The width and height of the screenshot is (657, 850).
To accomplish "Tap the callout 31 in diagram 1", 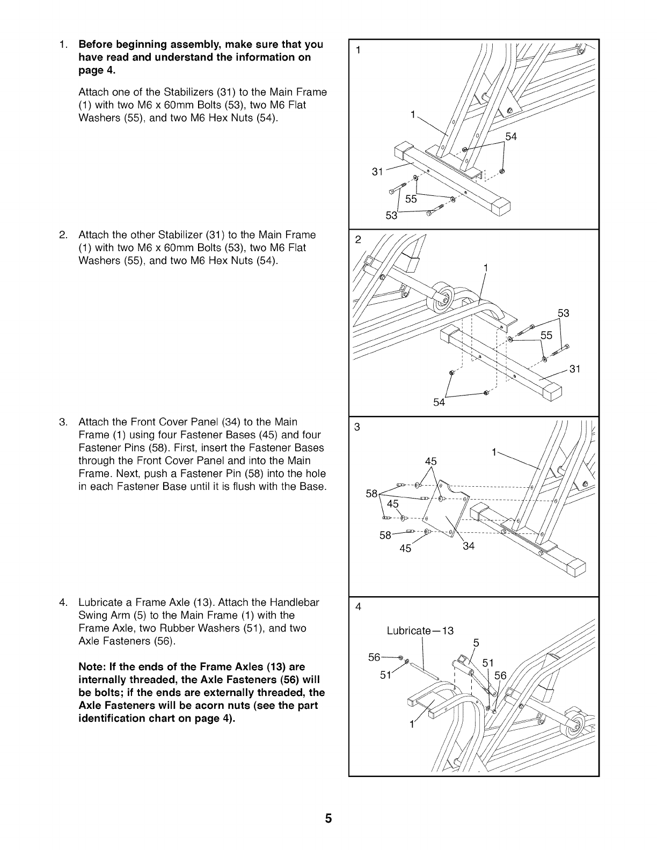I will point(378,172).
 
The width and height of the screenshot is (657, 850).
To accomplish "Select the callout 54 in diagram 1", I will point(511,137).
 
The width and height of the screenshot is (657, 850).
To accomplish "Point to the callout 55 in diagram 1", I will point(411,199).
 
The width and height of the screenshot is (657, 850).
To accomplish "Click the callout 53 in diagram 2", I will point(563,313).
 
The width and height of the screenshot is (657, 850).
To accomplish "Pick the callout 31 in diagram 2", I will point(575,369).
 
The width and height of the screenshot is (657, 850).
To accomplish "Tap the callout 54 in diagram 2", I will point(439,402).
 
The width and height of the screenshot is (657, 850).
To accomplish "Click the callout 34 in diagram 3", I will point(469,546).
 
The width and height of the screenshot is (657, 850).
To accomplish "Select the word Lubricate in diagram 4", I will point(408,631).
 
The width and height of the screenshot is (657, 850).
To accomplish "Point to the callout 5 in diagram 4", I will point(476,643).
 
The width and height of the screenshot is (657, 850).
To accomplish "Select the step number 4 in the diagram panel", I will point(359,607).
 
